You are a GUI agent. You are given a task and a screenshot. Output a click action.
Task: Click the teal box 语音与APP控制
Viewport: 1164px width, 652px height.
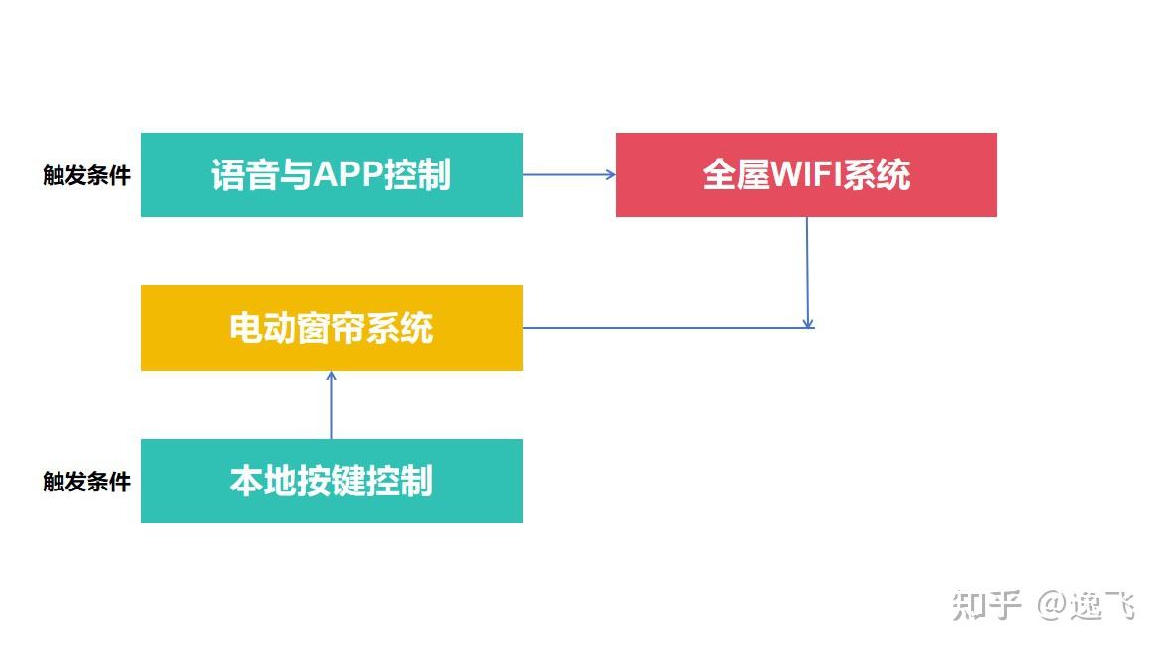coord(331,174)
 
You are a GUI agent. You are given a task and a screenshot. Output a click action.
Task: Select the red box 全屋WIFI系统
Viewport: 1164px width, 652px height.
coord(805,174)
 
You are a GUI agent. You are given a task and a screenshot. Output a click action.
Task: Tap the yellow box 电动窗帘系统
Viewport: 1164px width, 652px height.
coord(331,328)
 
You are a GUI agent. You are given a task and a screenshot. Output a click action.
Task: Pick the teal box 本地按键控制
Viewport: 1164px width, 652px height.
coord(331,481)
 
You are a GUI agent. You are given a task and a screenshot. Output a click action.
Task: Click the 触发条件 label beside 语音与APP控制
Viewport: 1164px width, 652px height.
coord(86,176)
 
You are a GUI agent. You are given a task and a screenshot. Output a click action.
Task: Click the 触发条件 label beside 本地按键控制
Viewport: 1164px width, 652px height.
coord(86,483)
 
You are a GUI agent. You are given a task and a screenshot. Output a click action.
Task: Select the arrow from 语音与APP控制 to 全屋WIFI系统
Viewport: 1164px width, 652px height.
coord(568,174)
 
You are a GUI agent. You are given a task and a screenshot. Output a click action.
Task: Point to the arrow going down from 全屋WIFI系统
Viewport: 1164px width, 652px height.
coord(807,272)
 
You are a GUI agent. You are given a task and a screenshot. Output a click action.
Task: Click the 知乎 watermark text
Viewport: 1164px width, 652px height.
coord(986,604)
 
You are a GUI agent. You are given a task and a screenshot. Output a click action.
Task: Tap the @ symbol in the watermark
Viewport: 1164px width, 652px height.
coord(1051,604)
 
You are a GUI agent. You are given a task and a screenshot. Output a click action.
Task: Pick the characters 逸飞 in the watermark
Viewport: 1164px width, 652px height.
coord(1102,604)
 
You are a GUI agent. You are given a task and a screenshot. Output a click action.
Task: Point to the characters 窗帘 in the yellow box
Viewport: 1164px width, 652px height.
coord(331,328)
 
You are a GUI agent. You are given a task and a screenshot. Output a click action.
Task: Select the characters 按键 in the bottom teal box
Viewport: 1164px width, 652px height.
coord(331,482)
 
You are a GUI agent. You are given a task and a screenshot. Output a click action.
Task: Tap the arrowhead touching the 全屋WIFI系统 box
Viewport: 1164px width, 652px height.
coord(610,174)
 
